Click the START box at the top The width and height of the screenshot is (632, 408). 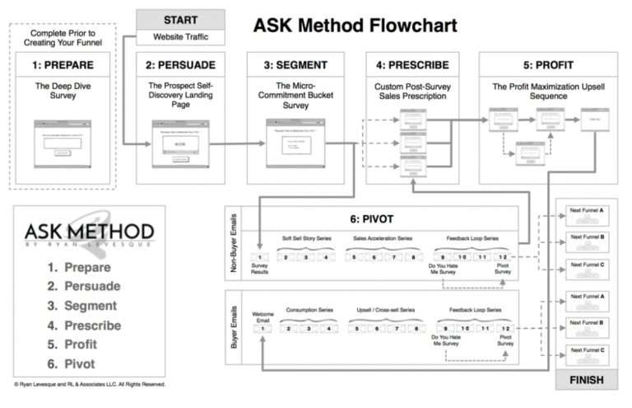pyautogui.click(x=180, y=19)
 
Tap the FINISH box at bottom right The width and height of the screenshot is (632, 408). pyautogui.click(x=586, y=380)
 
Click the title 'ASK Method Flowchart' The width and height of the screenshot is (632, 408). pyautogui.click(x=355, y=25)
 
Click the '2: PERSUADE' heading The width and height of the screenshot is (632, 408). pyautogui.click(x=179, y=63)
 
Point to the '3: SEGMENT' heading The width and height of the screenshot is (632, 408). pyautogui.click(x=295, y=63)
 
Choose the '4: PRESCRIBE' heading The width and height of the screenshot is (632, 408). pyautogui.click(x=409, y=63)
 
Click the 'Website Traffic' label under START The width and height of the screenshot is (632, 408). pyautogui.click(x=180, y=37)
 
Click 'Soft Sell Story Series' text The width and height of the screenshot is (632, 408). pyautogui.click(x=306, y=238)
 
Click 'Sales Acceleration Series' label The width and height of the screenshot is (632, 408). pyautogui.click(x=384, y=238)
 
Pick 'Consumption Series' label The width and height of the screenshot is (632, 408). pyautogui.click(x=306, y=310)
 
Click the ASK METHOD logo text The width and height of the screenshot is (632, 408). pyautogui.click(x=89, y=230)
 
